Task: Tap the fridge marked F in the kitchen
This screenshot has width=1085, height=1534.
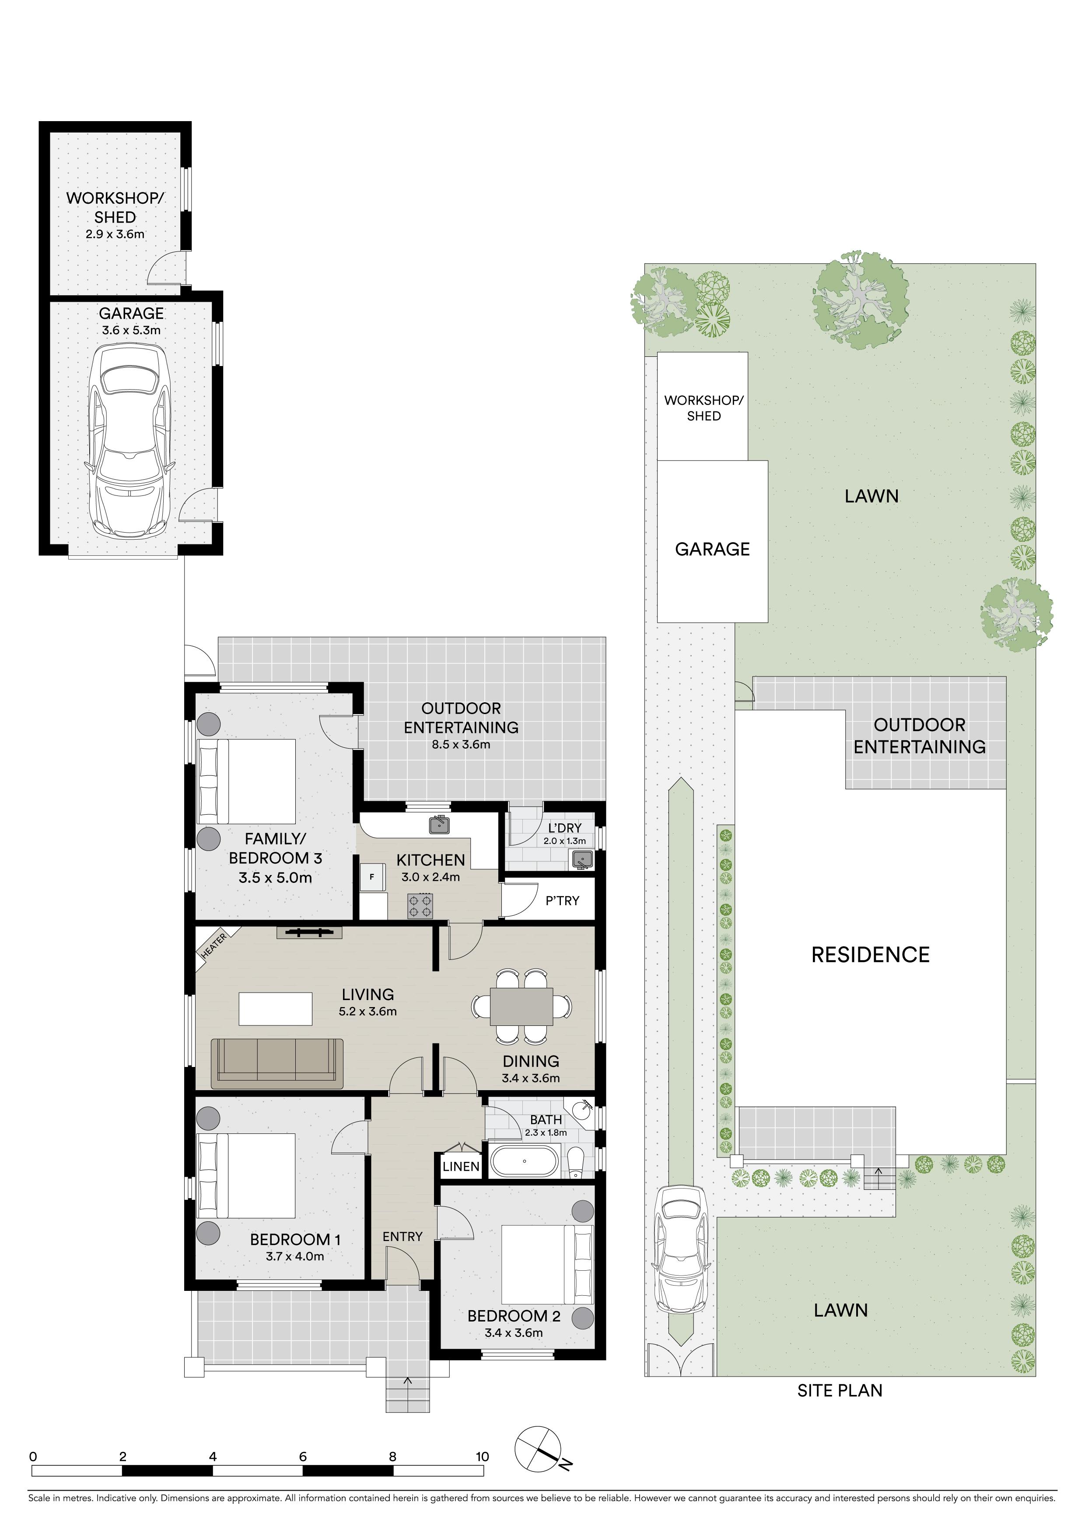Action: (x=372, y=877)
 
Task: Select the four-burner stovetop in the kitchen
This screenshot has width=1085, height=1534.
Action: (x=420, y=906)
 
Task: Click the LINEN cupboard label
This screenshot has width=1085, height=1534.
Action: (x=461, y=1167)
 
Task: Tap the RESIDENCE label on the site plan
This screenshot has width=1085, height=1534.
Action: (x=871, y=955)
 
